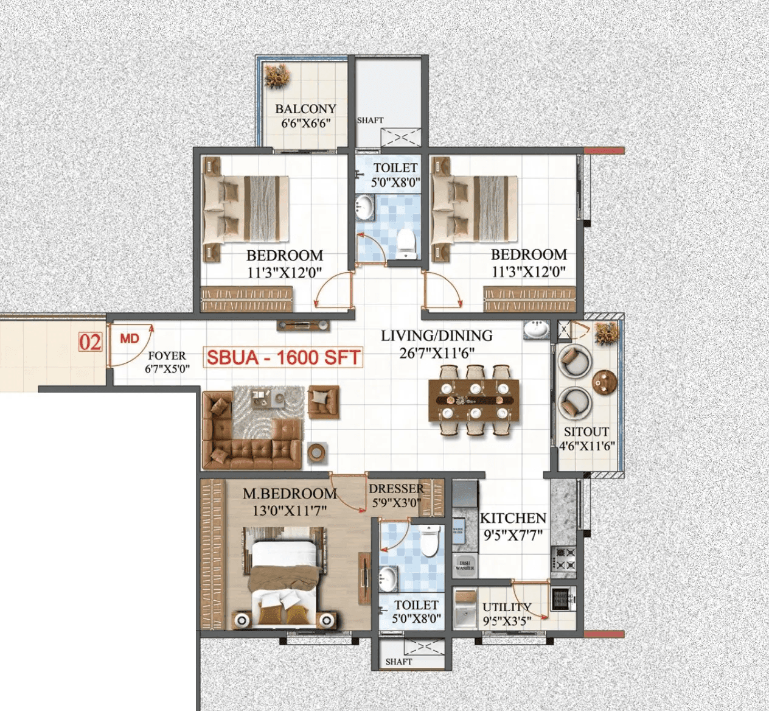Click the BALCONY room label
pyautogui.click(x=305, y=109)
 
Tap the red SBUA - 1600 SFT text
pyautogui.click(x=284, y=357)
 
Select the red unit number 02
pyautogui.click(x=90, y=342)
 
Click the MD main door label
pyautogui.click(x=129, y=338)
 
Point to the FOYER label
pyautogui.click(x=167, y=355)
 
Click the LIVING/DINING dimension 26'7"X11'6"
pyautogui.click(x=437, y=352)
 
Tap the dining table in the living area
pyautogui.click(x=474, y=401)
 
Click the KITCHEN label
pyautogui.click(x=513, y=518)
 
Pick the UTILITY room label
pyautogui.click(x=506, y=608)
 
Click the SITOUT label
pyautogui.click(x=586, y=432)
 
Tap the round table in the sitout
pyautogui.click(x=605, y=382)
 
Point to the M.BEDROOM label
pyautogui.click(x=290, y=494)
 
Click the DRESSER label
pyautogui.click(x=396, y=489)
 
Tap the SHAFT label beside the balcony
pyautogui.click(x=370, y=121)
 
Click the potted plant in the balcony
pyautogui.click(x=277, y=77)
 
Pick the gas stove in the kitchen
pyautogui.click(x=563, y=558)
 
